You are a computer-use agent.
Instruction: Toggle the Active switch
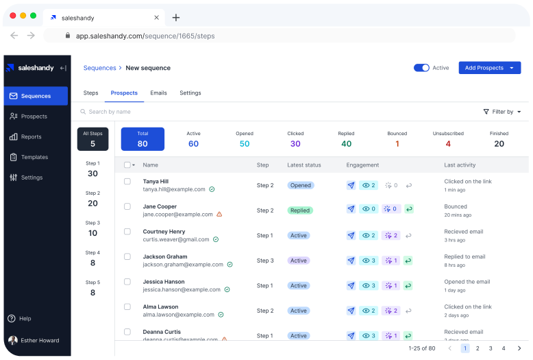click(421, 68)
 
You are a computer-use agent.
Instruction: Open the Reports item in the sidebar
click(31, 137)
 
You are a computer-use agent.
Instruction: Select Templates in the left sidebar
click(34, 157)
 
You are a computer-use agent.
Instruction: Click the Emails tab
click(158, 93)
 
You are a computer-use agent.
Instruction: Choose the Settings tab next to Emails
click(190, 93)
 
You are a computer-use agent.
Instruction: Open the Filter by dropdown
click(502, 112)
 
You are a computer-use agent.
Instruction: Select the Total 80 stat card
click(142, 139)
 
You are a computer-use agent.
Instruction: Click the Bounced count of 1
click(397, 143)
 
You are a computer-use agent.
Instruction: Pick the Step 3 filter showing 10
click(92, 228)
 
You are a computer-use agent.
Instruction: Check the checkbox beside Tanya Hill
click(127, 182)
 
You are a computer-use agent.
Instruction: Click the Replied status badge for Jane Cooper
click(300, 211)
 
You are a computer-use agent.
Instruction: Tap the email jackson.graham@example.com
click(183, 264)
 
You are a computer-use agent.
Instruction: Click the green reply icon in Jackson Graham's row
click(408, 261)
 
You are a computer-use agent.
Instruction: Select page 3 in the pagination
click(491, 348)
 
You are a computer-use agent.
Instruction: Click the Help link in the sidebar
click(25, 319)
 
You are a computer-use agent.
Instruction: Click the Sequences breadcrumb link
click(99, 68)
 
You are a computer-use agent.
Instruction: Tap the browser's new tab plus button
click(176, 17)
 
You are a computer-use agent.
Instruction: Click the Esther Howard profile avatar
click(13, 340)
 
